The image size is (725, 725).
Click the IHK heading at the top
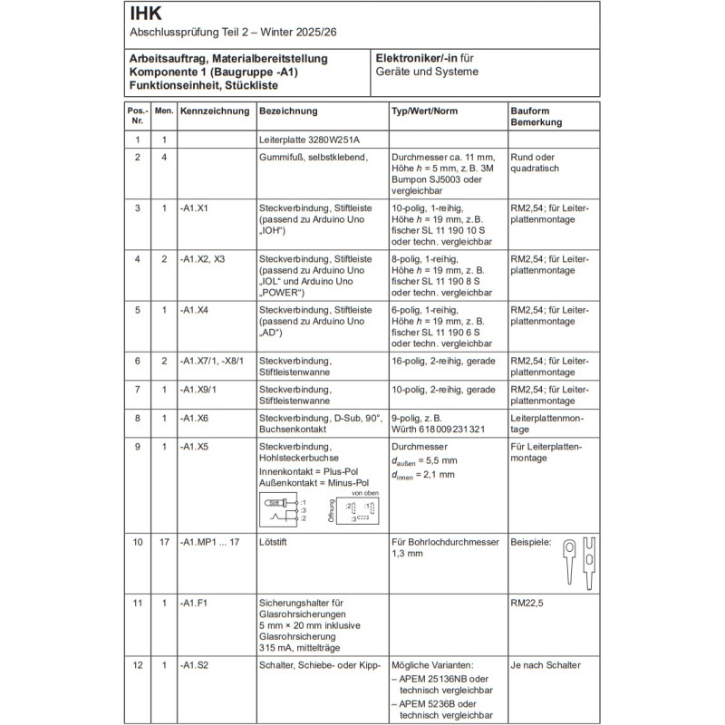[x=147, y=14]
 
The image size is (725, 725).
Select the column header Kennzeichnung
[x=215, y=111]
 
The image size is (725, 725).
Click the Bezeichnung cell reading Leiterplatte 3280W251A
[x=309, y=140]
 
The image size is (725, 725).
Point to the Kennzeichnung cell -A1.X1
[x=195, y=208]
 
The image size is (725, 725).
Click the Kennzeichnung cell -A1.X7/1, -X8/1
[x=212, y=361]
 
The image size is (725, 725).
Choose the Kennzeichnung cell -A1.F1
[x=194, y=603]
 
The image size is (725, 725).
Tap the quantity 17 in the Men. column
[x=164, y=542]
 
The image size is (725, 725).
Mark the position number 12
[x=137, y=665]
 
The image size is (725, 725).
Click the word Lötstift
[x=274, y=542]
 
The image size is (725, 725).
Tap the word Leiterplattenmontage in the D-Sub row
[x=549, y=423]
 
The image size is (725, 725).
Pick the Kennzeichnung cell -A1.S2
[x=194, y=665]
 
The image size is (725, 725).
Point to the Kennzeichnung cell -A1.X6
[x=195, y=418]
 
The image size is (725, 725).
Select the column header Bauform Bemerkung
[x=536, y=116]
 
